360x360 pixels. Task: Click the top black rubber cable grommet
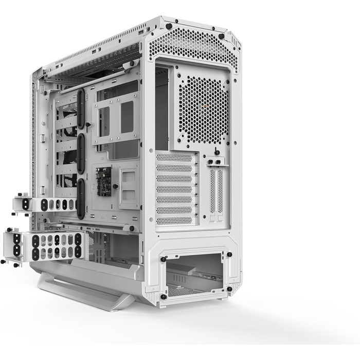click(x=81, y=109)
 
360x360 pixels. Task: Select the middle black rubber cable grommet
click(x=81, y=153)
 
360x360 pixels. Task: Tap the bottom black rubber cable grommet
click(x=81, y=198)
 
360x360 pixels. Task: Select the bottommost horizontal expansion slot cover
click(x=175, y=220)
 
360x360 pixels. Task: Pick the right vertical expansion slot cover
click(x=221, y=191)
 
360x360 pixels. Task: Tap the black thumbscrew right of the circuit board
click(x=116, y=186)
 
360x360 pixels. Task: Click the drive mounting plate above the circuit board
click(x=117, y=118)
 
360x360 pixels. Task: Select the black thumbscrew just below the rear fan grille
click(x=215, y=152)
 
